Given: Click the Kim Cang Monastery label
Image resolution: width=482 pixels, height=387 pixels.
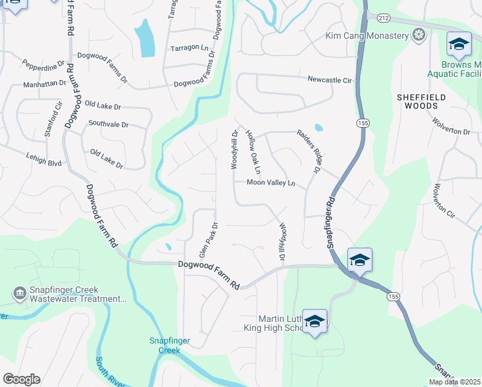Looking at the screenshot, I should coord(367,35).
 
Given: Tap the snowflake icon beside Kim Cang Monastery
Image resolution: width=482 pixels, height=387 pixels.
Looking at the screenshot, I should coord(419,35).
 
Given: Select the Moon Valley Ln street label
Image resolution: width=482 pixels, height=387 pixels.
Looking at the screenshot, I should coord(271,183).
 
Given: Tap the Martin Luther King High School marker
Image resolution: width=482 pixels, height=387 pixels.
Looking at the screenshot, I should coord(314,322).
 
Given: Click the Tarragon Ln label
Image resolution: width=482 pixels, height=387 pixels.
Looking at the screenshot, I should coord(190,48).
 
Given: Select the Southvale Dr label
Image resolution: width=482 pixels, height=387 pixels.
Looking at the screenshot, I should coord(108,123).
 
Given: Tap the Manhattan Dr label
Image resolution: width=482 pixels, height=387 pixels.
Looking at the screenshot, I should coord(44,84).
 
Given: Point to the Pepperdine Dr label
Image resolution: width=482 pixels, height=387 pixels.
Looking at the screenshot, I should coord(44,65).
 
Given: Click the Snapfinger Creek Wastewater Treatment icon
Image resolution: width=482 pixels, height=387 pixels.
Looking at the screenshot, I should coord(19,294).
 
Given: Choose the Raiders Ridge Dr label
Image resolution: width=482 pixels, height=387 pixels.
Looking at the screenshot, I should coord(309,151).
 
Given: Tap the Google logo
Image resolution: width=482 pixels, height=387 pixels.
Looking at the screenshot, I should coord(21,379).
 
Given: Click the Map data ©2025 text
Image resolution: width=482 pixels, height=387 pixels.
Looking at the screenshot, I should coord(454,382).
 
